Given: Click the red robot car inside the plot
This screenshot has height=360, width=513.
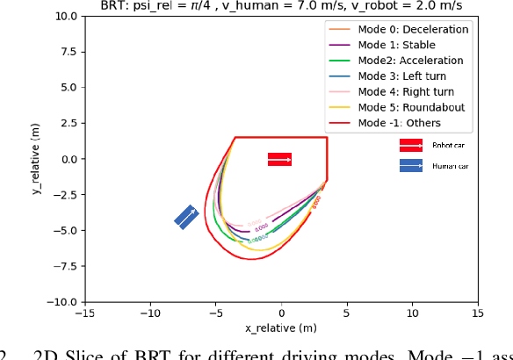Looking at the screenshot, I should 279,159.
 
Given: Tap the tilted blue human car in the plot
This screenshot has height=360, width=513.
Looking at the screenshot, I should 186,217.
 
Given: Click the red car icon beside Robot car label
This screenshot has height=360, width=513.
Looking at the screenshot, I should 411,145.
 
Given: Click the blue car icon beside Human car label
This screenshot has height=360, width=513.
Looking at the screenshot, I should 411,165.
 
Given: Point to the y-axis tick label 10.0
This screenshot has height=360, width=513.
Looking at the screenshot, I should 63,17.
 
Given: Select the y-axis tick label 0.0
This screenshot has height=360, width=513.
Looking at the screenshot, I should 66,159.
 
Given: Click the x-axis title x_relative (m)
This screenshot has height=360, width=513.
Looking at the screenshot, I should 280,328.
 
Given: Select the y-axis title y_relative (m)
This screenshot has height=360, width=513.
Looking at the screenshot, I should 37,159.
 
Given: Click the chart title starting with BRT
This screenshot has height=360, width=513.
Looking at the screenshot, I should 280,6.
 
